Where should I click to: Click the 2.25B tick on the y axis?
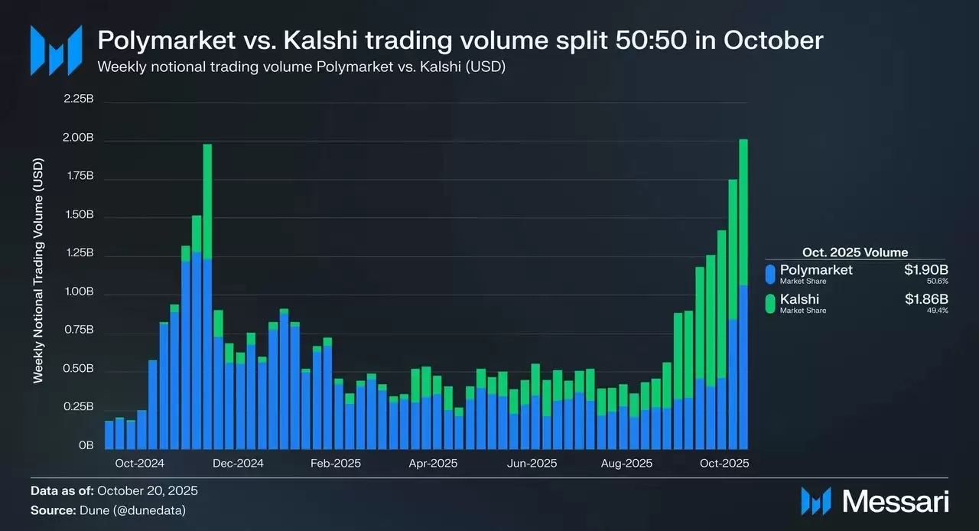(78, 99)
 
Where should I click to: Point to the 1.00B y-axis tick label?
(78, 292)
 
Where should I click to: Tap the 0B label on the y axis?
(86, 445)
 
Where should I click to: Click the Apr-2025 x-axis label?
(433, 464)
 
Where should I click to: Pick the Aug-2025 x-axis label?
(626, 464)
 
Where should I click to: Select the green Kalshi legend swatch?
(770, 304)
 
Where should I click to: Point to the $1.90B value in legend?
(926, 270)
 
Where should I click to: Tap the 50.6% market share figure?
(938, 282)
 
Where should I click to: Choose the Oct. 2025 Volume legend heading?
(855, 252)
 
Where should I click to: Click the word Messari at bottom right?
(895, 501)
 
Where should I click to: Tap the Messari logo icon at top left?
(56, 50)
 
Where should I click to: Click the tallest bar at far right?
(743, 291)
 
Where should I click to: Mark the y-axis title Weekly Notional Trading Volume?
(38, 271)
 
